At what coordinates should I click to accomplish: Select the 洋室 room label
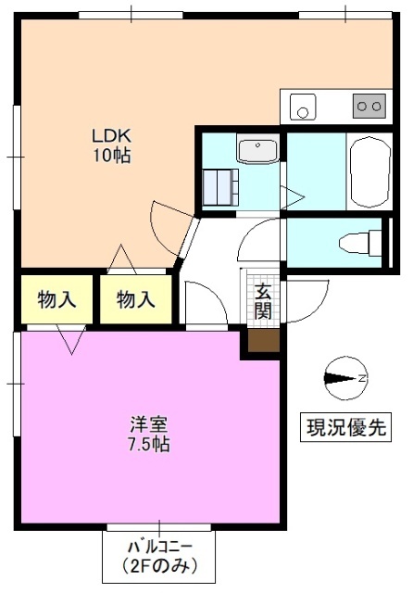pos(148,424)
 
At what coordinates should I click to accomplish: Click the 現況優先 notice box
pos(346,428)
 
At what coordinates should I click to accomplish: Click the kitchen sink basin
pos(302,107)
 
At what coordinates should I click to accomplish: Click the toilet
pos(359,243)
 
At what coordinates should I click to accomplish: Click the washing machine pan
pos(221,187)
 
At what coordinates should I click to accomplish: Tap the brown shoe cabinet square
pos(261,341)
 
